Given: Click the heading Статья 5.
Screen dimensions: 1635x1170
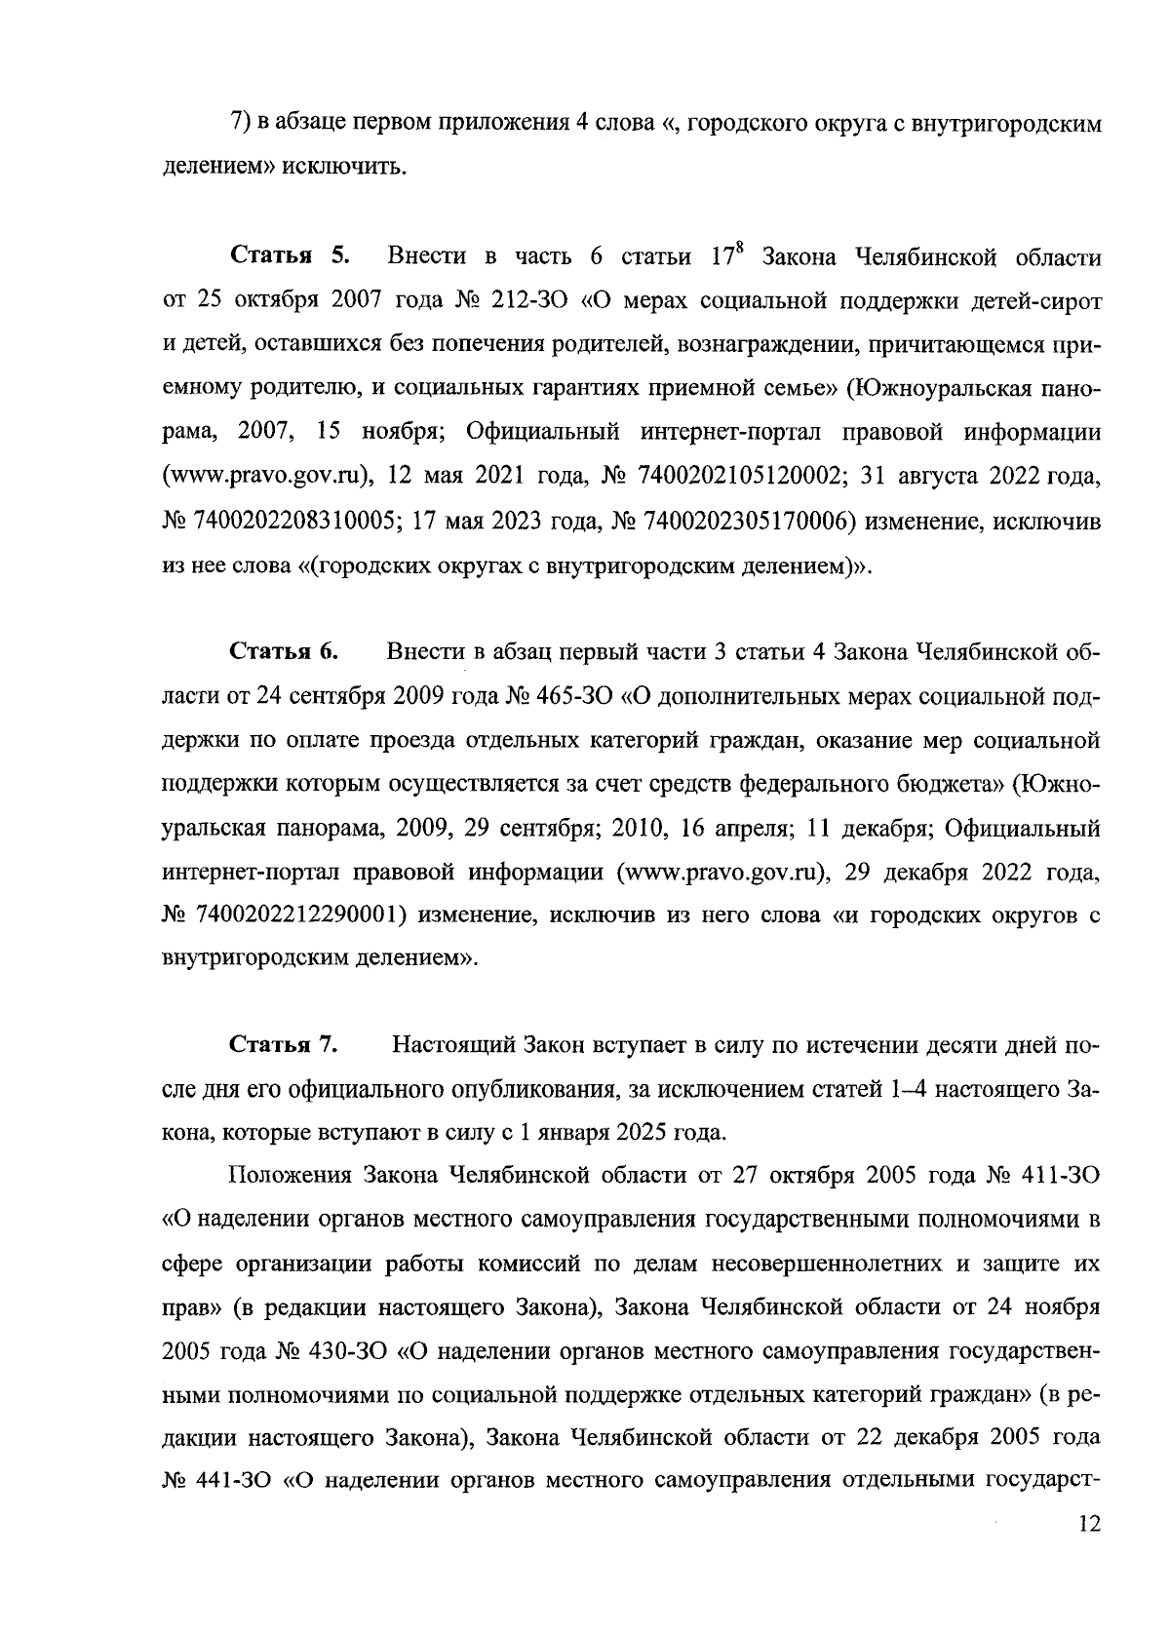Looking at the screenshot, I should (x=289, y=259).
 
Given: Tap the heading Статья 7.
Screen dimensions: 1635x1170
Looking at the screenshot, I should (x=283, y=1045).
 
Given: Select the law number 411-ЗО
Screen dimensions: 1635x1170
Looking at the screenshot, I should (x=1061, y=1176).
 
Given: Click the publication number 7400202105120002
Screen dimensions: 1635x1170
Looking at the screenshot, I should (x=739, y=479).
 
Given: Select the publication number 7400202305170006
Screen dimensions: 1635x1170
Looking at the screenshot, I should (x=744, y=523).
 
